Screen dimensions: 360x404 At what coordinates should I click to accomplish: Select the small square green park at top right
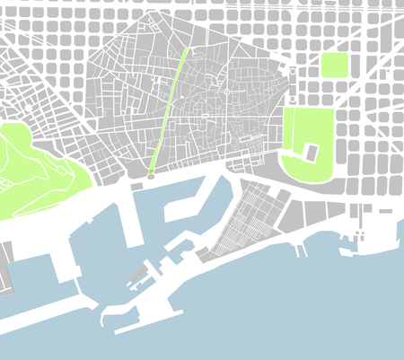coord(334,65)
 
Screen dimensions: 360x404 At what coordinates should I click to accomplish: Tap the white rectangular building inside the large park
coord(311,153)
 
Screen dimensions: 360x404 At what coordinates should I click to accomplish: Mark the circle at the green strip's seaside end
coord(150,177)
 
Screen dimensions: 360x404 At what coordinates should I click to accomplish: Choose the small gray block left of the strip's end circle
coord(136,185)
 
